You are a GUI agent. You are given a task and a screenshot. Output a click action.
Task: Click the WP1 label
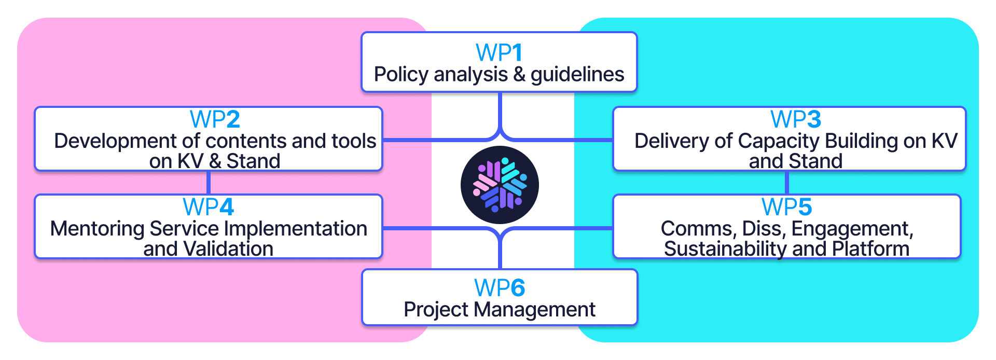pyautogui.click(x=499, y=52)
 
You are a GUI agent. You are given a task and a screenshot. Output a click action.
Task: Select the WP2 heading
pyautogui.click(x=215, y=119)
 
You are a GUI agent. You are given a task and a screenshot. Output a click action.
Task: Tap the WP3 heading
pyautogui.click(x=795, y=119)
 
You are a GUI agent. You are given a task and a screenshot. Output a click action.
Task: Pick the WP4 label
pyautogui.click(x=208, y=207)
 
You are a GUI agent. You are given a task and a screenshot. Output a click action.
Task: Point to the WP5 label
pyautogui.click(x=786, y=207)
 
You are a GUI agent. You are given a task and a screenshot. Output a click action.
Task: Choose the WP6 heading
pyautogui.click(x=499, y=288)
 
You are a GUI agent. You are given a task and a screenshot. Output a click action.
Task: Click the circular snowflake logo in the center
pyautogui.click(x=500, y=185)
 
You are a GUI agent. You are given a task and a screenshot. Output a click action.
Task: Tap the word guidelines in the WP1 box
pyautogui.click(x=577, y=75)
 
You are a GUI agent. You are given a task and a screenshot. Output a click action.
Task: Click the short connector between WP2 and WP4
pyautogui.click(x=209, y=183)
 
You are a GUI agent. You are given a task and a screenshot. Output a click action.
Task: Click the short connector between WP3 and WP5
pyautogui.click(x=787, y=183)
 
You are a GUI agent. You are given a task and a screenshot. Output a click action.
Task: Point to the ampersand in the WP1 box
pyautogui.click(x=519, y=75)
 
